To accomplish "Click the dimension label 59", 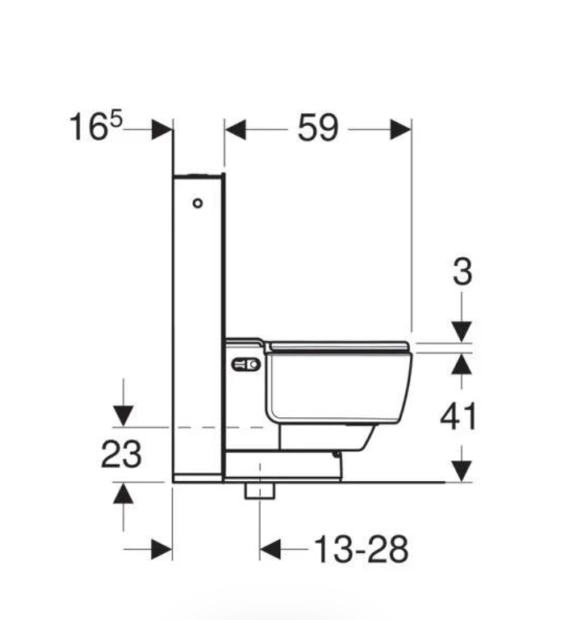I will point(318,129).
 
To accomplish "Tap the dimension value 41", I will point(459,417).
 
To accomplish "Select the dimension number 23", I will point(121,455).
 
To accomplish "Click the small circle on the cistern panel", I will point(197,204).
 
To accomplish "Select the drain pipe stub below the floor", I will point(259,490).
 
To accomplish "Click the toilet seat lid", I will point(338,346).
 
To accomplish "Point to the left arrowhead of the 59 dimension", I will point(235,130).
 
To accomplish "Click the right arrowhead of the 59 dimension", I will point(400,130).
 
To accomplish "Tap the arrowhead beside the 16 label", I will point(162,130).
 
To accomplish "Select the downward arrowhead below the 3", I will point(462,331).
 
